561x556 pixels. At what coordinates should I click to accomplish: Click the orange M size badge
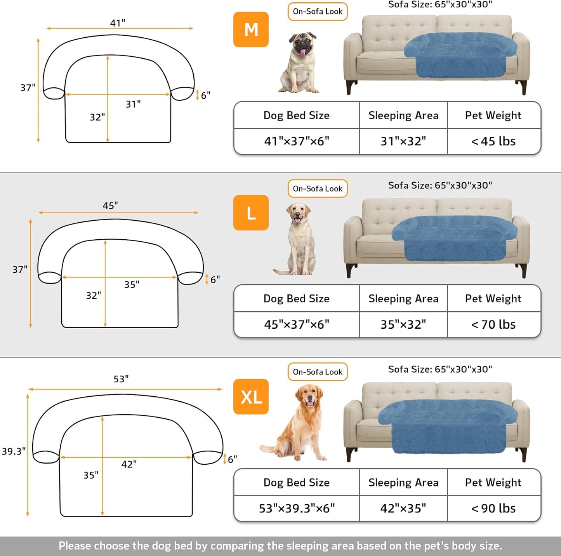tap(251, 30)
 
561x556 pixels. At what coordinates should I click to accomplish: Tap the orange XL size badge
tap(251, 397)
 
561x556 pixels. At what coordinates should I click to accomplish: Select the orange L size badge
tap(251, 213)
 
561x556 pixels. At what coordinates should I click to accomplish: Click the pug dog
tap(300, 63)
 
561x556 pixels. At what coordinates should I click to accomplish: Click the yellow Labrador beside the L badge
tap(298, 239)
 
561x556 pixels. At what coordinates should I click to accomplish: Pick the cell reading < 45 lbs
tap(493, 141)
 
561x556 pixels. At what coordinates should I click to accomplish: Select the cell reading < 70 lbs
tap(493, 324)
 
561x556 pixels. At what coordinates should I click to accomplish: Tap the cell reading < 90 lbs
tap(493, 508)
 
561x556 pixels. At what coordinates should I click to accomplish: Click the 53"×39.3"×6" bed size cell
tap(297, 508)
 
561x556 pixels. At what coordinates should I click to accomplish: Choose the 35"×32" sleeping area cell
tap(403, 324)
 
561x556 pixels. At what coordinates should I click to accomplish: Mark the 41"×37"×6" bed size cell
tap(297, 141)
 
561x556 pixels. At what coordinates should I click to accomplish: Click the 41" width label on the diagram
tap(118, 23)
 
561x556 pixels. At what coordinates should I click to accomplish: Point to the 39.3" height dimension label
tap(14, 451)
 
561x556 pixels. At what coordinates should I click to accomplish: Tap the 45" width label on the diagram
tap(110, 206)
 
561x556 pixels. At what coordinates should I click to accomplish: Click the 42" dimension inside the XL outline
tap(129, 464)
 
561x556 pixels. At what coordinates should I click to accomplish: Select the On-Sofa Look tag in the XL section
tap(318, 372)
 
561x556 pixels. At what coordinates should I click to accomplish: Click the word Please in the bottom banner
tap(75, 546)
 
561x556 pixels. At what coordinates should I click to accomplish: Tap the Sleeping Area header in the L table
tap(403, 298)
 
